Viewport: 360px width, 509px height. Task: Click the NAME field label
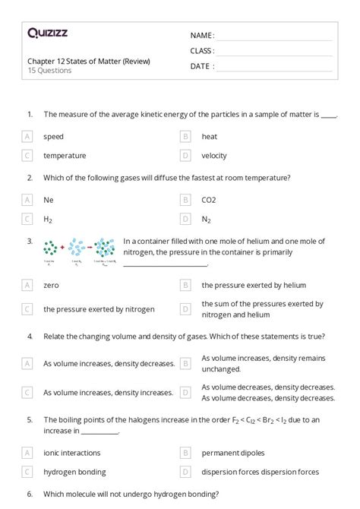coord(202,35)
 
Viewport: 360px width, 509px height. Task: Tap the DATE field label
coord(201,66)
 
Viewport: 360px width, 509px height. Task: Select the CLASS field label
coord(202,51)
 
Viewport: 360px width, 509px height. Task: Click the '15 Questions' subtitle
coord(49,71)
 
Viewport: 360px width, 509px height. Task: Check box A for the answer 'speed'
coord(27,137)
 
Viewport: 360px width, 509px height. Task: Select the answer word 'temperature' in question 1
coord(65,156)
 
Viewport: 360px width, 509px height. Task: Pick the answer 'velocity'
coord(214,156)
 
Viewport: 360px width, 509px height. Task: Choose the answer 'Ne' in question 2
coord(48,200)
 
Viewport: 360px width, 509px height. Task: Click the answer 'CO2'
coord(209,200)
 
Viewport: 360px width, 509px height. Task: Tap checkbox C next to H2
coord(27,219)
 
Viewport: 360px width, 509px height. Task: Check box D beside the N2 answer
coord(185,219)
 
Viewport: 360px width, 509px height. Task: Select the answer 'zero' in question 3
coord(51,286)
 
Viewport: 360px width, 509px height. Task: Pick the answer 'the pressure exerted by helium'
coord(254,286)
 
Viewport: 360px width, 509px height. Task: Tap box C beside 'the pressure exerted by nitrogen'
coord(27,309)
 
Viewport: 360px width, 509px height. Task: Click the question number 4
coord(30,337)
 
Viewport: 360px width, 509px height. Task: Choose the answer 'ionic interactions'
coord(71,453)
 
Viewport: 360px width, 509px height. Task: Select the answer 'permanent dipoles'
coord(233,453)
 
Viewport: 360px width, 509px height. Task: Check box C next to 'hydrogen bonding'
coord(27,472)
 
